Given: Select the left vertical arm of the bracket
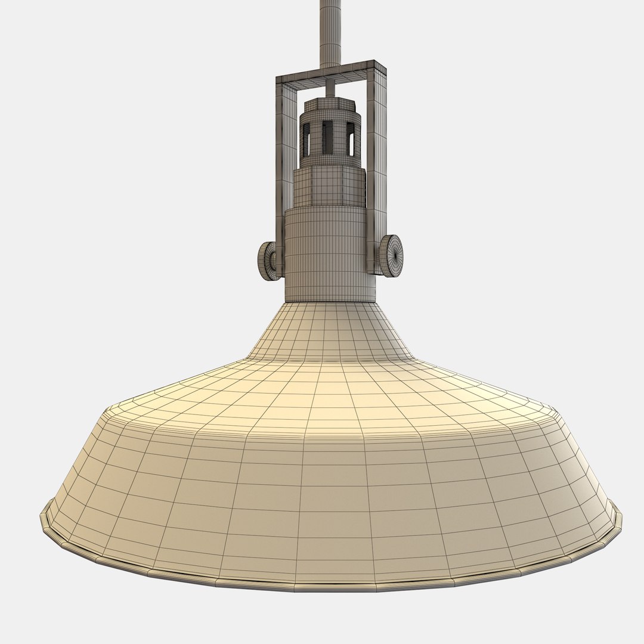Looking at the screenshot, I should coord(280,167).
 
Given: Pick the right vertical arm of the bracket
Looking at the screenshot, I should coord(376,167).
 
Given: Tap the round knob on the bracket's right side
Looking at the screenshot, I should coord(391,256).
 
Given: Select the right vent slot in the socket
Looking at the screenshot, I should coord(351,139).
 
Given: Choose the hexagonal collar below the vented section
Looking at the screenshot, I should coord(329,186).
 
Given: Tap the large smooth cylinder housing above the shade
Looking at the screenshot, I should coord(330,253).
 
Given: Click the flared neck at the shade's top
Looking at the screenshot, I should coord(330,331).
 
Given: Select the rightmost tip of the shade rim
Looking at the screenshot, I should coord(620,514).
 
